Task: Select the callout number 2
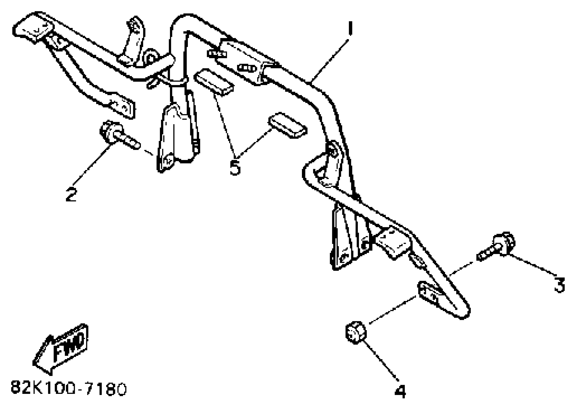point(71,194)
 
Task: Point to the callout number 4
point(400,391)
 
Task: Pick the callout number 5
point(235,167)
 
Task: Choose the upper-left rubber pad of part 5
point(214,82)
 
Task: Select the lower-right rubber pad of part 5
point(288,125)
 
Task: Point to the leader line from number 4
point(380,360)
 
